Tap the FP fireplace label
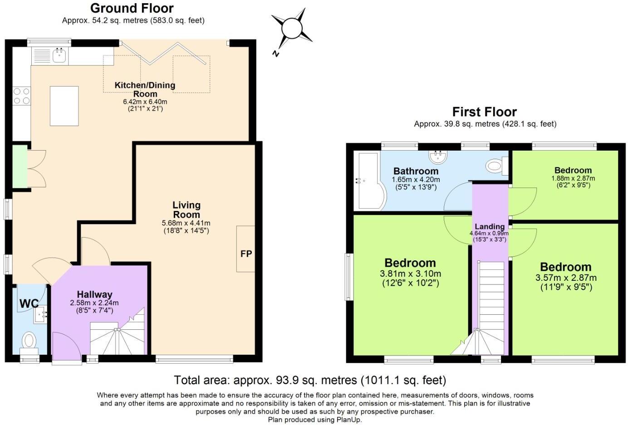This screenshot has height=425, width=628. pos(246,254)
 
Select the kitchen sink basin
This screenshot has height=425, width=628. pos(59,55)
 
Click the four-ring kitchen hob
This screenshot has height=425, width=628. pos(22,96)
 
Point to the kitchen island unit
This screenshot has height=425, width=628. pos(64,106)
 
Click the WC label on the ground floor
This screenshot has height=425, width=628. pos(29,303)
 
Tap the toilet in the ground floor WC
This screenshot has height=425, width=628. pos(29,343)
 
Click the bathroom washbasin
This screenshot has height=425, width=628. pos(437,157)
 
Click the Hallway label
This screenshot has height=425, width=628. pos(95,294)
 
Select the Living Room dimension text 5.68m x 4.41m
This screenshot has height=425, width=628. pos(186,223)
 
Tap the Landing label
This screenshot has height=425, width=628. pos(490,226)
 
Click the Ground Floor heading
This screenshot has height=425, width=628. pos(132,9)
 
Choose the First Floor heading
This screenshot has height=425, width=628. pos(485,112)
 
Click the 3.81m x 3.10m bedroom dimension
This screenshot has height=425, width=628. pos(411,274)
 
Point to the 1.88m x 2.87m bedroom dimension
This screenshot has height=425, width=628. pos(573,178)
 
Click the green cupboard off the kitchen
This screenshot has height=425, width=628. pos(20,166)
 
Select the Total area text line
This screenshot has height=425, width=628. pos(310,380)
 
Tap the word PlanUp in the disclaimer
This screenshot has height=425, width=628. pos(349,420)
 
